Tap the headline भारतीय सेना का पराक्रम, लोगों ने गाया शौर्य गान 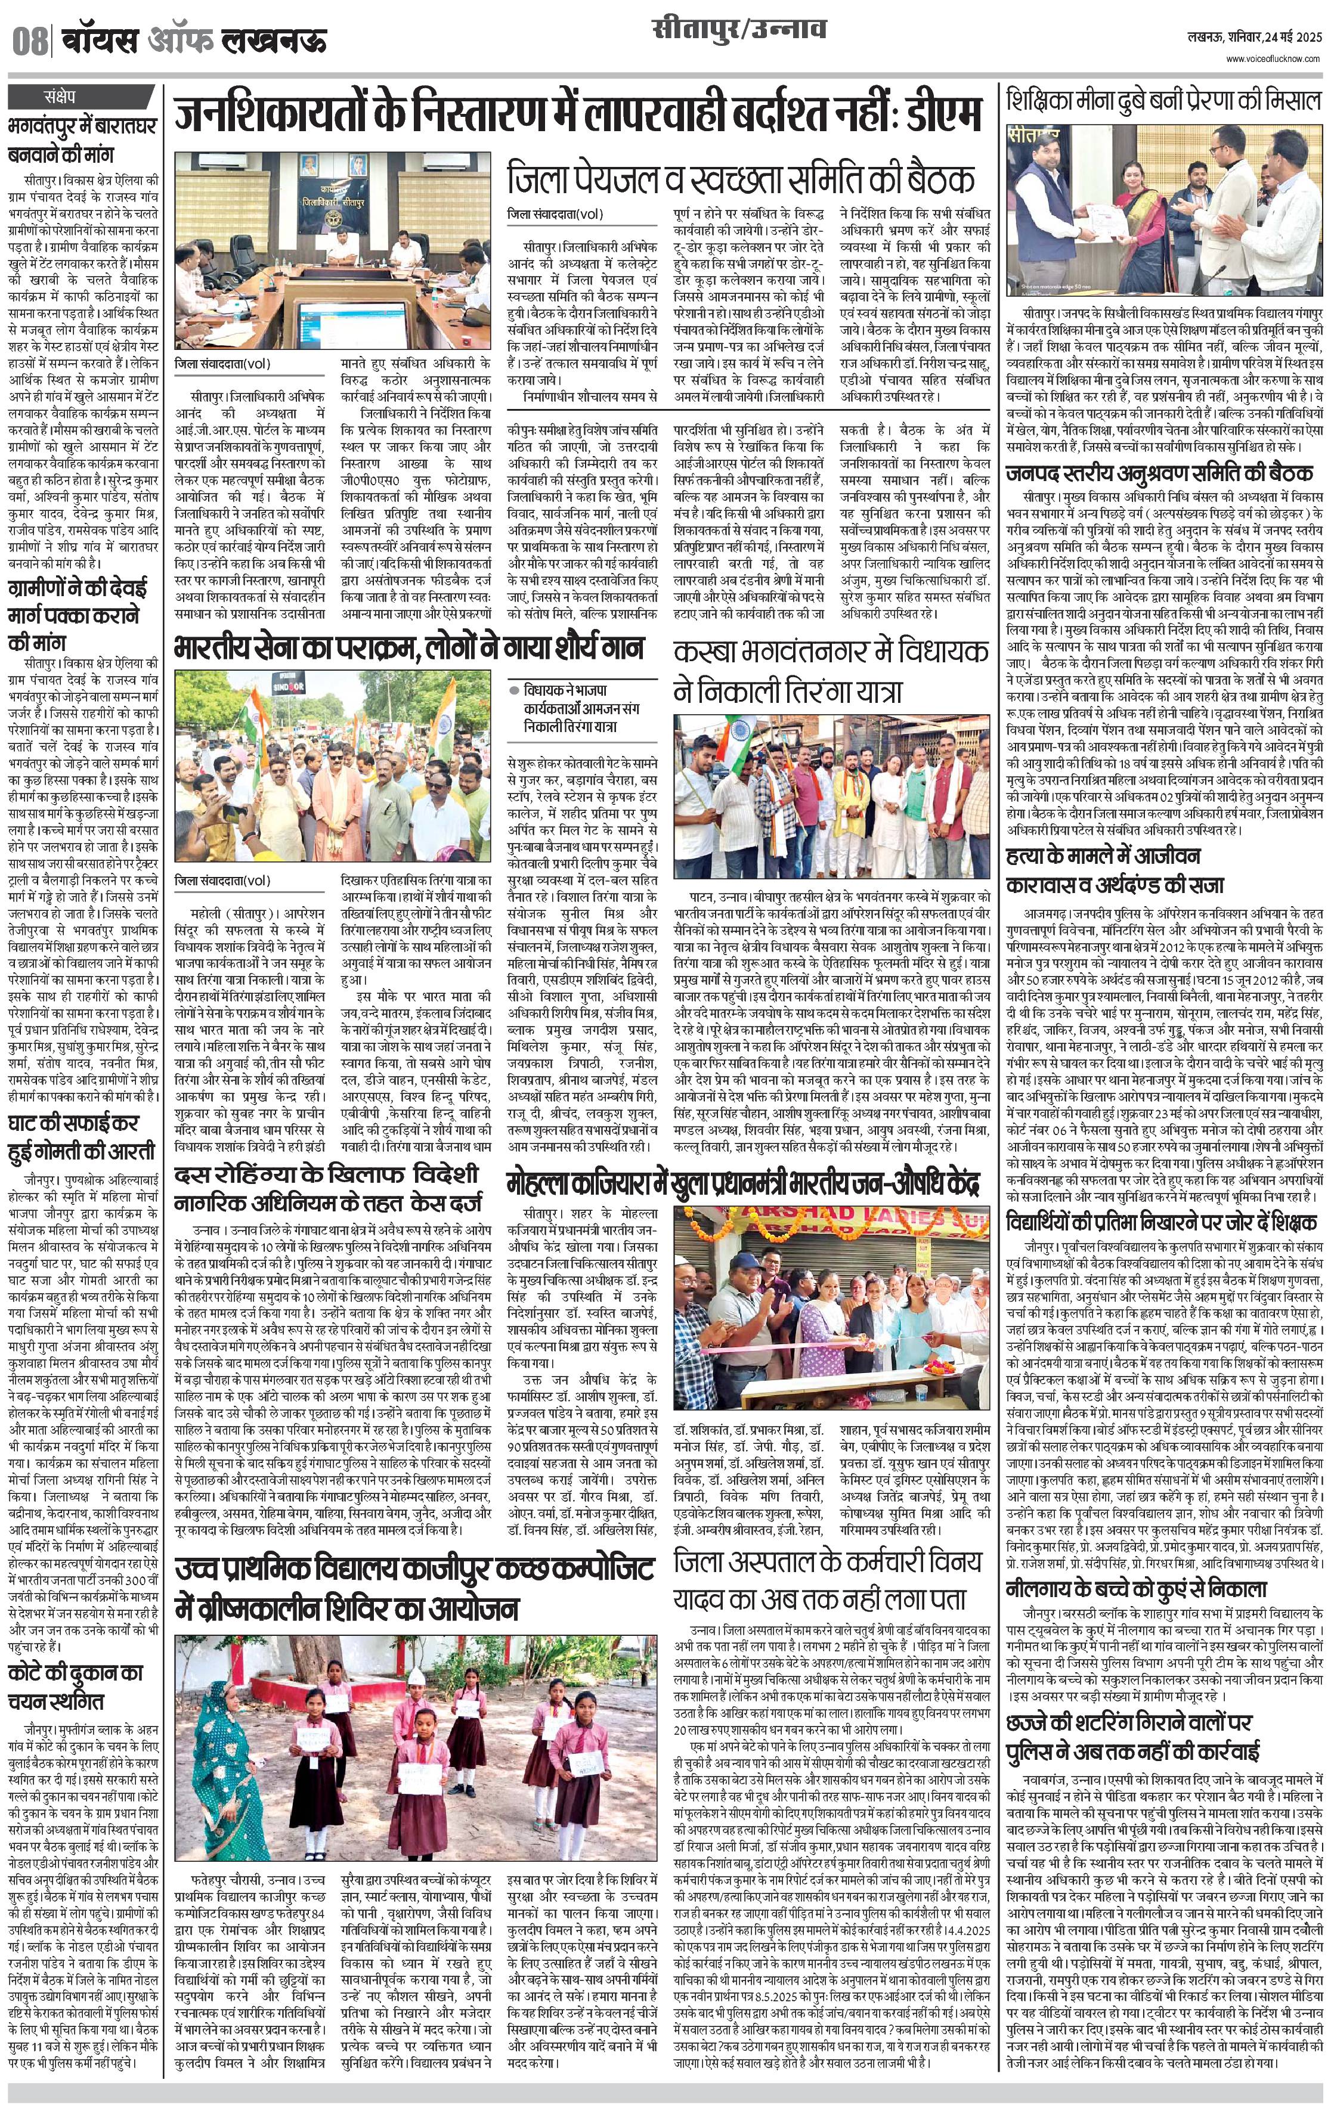(x=408, y=648)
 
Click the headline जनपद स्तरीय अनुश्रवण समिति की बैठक (x=1159, y=473)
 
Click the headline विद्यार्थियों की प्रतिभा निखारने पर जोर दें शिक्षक (x=1162, y=1222)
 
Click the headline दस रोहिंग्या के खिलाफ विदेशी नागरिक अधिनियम (x=326, y=1186)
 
